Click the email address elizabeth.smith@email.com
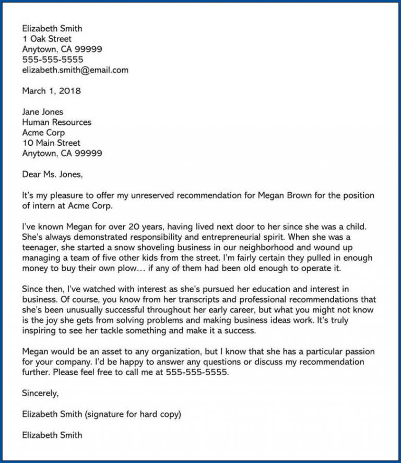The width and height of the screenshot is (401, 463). point(75,70)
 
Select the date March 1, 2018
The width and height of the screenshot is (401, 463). point(51,91)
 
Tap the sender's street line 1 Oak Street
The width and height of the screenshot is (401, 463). point(47,39)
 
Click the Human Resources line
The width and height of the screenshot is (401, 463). point(56,122)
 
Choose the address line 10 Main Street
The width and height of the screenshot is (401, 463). point(51,143)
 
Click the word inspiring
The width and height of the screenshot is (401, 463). point(40,331)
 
